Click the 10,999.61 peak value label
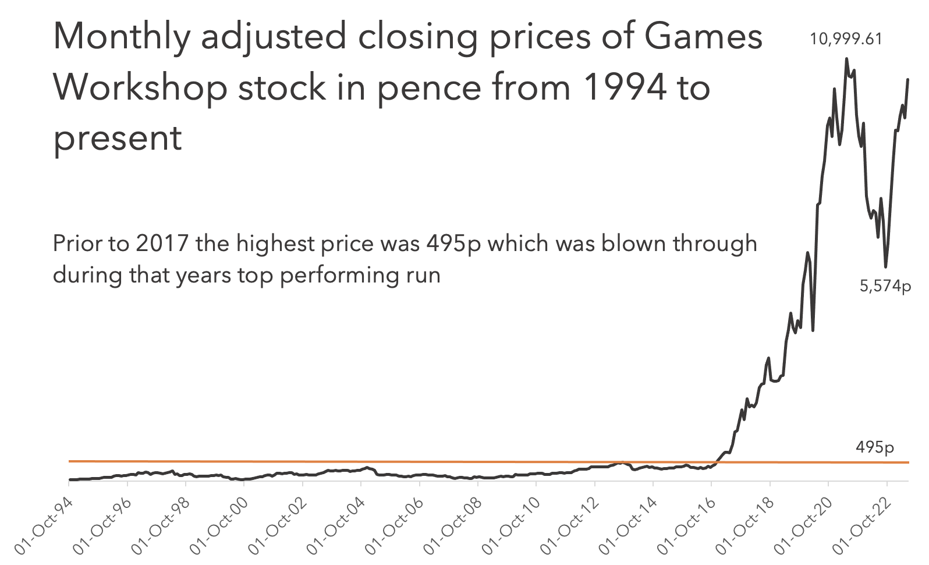point(846,40)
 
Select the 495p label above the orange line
point(875,447)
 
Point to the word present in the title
point(117,139)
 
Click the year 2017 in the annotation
point(162,243)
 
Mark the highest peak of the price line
point(846,59)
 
